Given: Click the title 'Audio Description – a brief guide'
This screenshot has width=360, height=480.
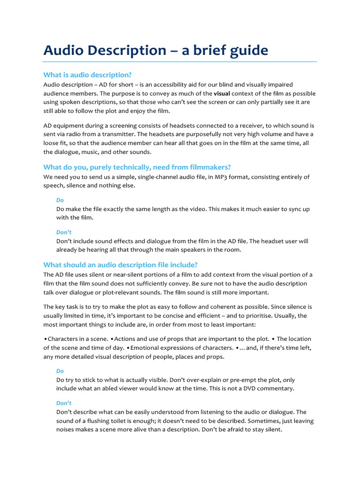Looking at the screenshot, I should pyautogui.click(x=156, y=50).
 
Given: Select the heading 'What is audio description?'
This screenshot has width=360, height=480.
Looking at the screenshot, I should pyautogui.click(x=88, y=75).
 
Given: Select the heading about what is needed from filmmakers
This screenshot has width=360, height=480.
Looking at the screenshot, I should pyautogui.click(x=137, y=167).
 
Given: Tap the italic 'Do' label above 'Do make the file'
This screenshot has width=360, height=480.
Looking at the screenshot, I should pyautogui.click(x=60, y=200).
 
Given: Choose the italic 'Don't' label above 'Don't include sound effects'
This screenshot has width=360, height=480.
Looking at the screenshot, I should pyautogui.click(x=64, y=232).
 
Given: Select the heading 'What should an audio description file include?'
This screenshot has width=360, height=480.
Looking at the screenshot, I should pyautogui.click(x=120, y=264).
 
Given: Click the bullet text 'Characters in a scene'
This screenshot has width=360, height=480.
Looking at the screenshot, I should pyautogui.click(x=77, y=339).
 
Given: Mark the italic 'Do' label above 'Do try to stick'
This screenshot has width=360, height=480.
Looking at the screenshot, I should pyautogui.click(x=60, y=371).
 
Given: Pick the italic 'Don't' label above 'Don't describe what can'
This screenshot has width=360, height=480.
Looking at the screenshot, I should pyautogui.click(x=64, y=403).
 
